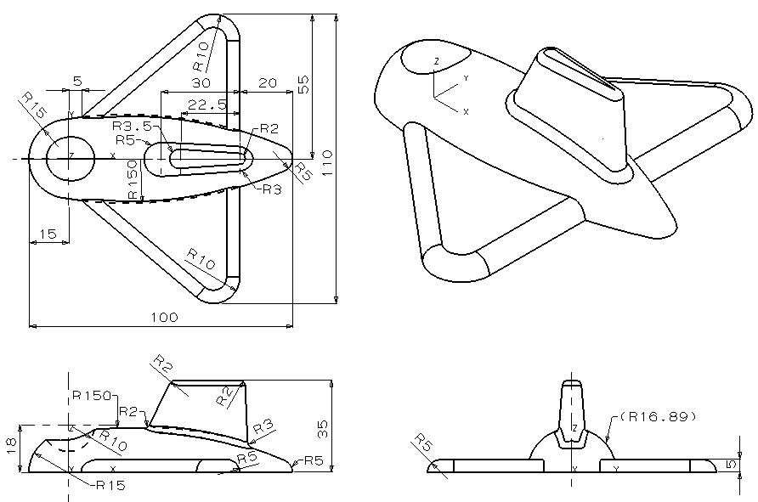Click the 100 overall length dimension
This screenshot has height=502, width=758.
click(163, 318)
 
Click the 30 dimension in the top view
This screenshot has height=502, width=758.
click(201, 83)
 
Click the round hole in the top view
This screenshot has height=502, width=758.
click(71, 157)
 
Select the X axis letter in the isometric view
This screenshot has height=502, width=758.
click(466, 111)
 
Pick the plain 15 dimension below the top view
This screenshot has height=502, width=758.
click(48, 234)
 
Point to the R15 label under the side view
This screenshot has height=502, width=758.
click(111, 485)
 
